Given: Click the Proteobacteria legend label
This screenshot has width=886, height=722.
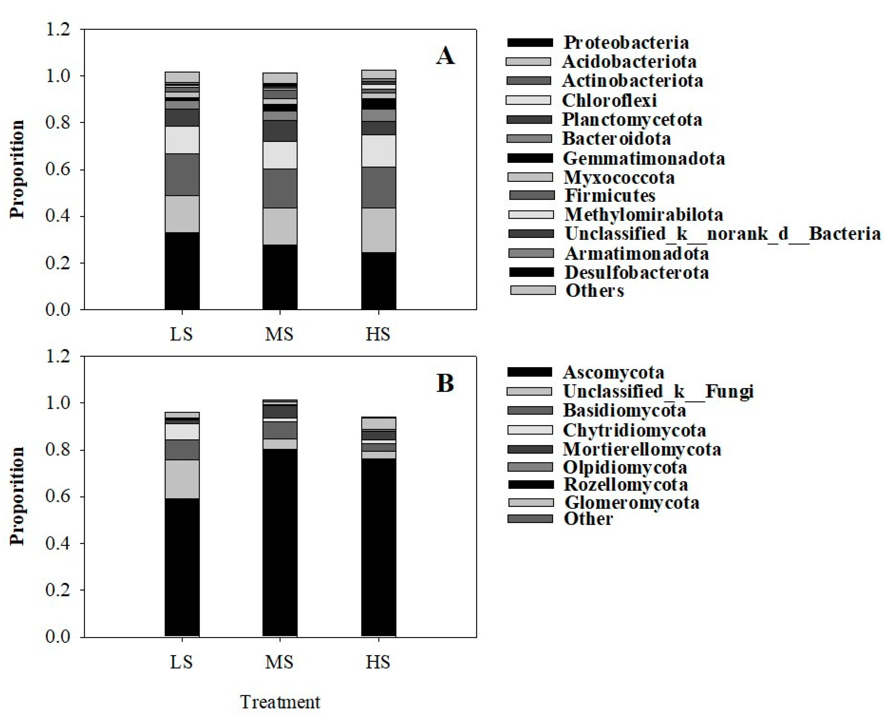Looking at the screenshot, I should [x=626, y=42].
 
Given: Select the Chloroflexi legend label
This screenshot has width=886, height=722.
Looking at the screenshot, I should [x=609, y=100].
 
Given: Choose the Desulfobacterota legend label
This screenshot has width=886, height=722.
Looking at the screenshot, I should [x=637, y=272].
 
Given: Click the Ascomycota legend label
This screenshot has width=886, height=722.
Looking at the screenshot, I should [x=613, y=372].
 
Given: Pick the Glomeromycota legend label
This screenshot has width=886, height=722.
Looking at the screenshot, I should [x=631, y=502].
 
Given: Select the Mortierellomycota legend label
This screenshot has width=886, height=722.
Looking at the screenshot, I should [x=642, y=449].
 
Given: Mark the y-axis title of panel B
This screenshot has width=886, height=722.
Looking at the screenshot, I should [x=18, y=496].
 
